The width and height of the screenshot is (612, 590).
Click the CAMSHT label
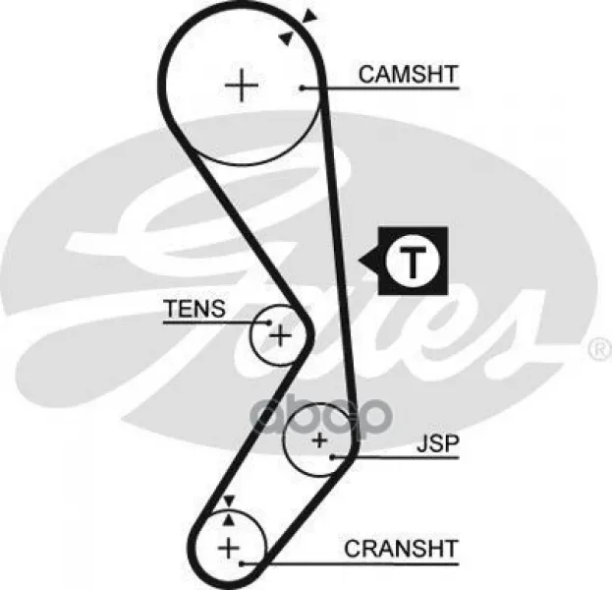[409, 74]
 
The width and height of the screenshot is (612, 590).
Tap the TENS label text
[194, 309]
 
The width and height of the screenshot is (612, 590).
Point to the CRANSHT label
[401, 548]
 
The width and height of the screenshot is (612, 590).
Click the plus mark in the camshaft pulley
[241, 87]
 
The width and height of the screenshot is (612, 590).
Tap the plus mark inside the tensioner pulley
[280, 336]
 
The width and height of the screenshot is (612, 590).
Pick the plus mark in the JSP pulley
[318, 442]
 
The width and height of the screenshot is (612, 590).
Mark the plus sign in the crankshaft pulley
[229, 547]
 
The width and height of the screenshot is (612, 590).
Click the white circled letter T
[413, 262]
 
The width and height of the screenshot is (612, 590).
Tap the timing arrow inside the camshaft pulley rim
[286, 38]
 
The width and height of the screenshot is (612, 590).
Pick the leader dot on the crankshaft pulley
[242, 562]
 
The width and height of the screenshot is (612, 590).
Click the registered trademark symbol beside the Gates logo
[597, 348]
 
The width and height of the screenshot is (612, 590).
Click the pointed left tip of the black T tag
[361, 262]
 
